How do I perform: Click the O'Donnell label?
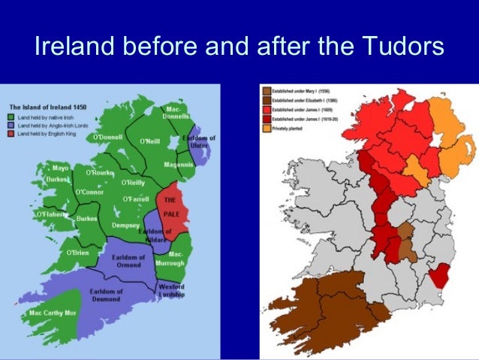click(108, 138)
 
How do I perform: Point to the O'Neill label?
click(152, 141)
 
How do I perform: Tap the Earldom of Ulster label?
click(200, 142)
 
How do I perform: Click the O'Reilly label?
click(133, 183)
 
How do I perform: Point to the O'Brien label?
click(77, 252)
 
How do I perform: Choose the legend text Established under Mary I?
click(299, 92)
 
